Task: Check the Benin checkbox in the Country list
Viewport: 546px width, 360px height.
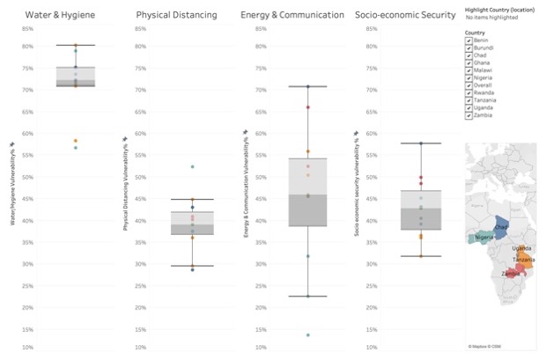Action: [x=468, y=40]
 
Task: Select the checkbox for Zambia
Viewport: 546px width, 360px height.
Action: [x=468, y=114]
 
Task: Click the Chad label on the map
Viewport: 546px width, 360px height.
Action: [x=502, y=226]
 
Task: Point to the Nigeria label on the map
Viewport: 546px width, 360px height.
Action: [x=483, y=238]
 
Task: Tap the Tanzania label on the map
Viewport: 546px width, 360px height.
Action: [x=523, y=260]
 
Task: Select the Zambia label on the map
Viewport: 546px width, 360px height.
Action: [x=510, y=273]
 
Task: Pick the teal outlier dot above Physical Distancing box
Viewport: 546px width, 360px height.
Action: [x=192, y=166]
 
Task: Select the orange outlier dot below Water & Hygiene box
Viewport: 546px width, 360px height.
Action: [x=76, y=141]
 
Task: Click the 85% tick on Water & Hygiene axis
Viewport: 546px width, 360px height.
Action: [x=28, y=29]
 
